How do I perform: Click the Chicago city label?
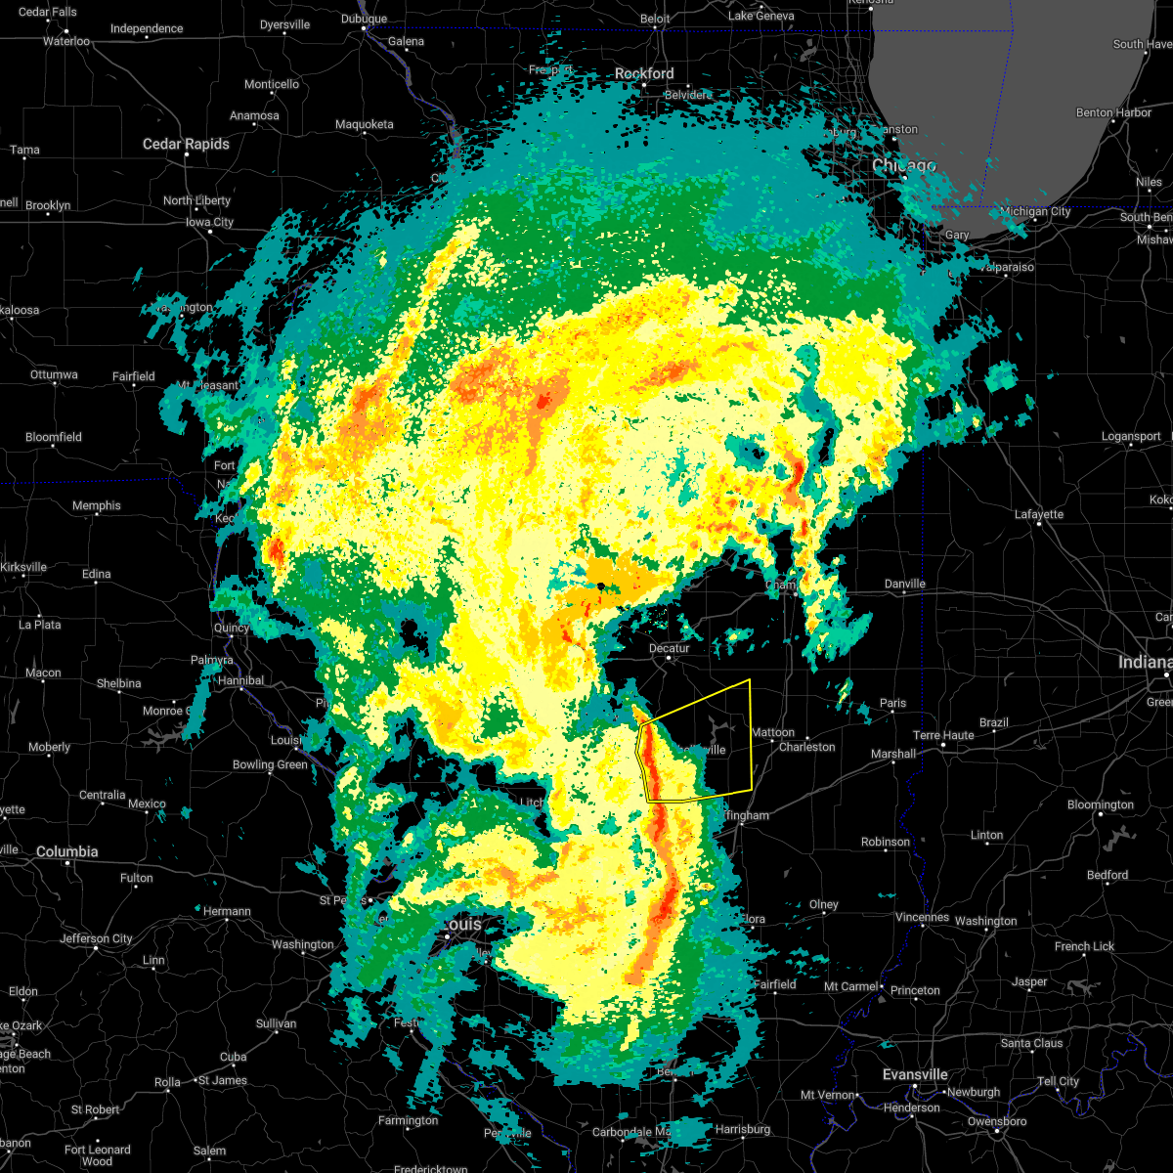(904, 166)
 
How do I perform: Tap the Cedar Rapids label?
(186, 144)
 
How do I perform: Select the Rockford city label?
(644, 73)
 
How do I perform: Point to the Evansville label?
(915, 1074)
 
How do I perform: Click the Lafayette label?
(1039, 514)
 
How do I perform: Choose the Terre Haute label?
(943, 735)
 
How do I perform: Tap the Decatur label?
(670, 648)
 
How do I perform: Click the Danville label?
(904, 584)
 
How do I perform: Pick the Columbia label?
(66, 851)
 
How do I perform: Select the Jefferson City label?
(96, 938)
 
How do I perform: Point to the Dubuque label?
(365, 19)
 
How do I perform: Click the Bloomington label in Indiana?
(1101, 804)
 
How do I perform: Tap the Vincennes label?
(922, 917)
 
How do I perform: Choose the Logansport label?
(1131, 437)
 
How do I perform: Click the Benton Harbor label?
(1113, 112)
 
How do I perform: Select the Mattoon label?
(773, 732)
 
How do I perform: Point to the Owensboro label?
(997, 1121)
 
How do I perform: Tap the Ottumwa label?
(55, 374)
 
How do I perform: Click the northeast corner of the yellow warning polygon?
(750, 678)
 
